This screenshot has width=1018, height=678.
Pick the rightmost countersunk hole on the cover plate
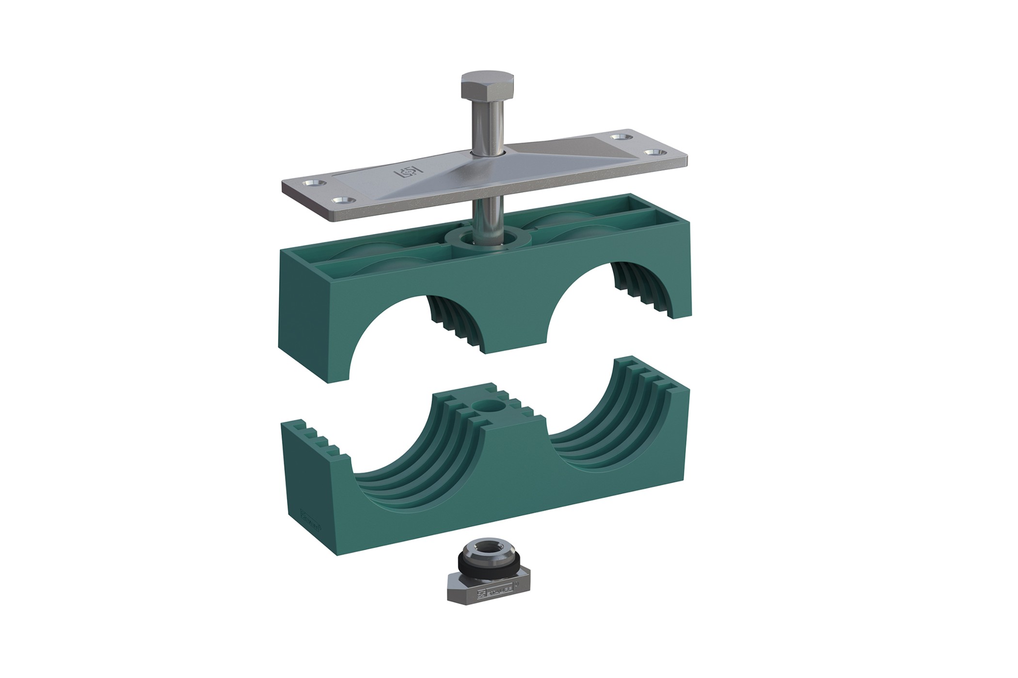coord(651,153)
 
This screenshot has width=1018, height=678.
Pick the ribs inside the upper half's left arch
coord(453,324)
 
